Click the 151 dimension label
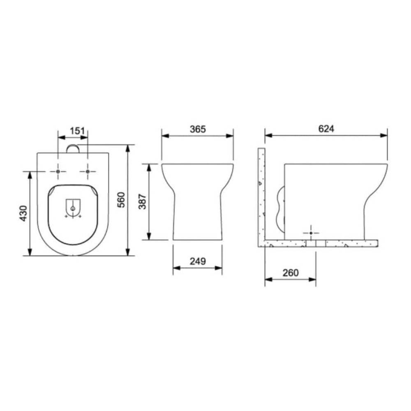[77, 131]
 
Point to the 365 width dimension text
[197, 129]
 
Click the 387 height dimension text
[142, 202]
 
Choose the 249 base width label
[197, 261]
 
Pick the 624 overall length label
[326, 129]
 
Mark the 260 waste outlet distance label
[290, 272]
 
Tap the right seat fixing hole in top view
[88, 171]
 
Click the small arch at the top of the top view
[73, 148]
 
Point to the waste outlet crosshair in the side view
[311, 233]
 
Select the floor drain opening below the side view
[316, 243]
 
